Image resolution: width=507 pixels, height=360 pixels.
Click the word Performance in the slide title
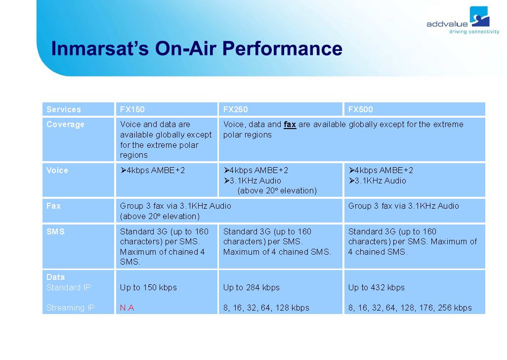click(282, 48)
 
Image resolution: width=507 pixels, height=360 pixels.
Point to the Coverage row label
click(65, 125)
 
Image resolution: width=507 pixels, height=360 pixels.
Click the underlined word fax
click(290, 125)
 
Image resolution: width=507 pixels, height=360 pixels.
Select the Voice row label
click(57, 171)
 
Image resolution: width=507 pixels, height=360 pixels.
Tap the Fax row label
click(53, 206)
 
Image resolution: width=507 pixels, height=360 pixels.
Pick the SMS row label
click(56, 231)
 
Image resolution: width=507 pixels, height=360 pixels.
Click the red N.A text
click(127, 308)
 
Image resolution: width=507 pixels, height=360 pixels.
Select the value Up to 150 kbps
click(148, 287)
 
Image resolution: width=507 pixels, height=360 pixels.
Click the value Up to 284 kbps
click(251, 287)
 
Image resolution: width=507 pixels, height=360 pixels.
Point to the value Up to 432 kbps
click(377, 287)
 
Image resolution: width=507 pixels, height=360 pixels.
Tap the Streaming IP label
click(71, 308)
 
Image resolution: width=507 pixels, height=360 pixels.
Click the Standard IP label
click(69, 287)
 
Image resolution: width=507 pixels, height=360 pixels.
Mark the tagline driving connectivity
click(474, 31)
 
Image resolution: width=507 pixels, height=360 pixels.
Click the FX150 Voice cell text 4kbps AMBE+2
click(153, 171)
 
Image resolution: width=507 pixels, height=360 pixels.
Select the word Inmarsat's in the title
click(100, 48)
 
